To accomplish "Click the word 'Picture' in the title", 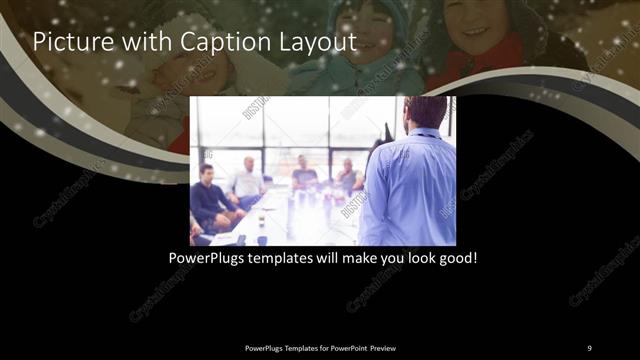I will (69, 42).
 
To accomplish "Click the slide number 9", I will (589, 347).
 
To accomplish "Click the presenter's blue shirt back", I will (410, 185).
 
